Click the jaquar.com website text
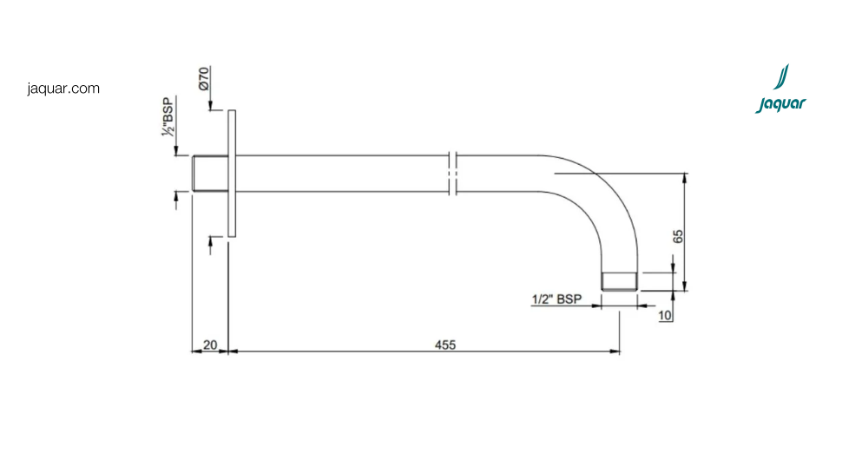coord(63,89)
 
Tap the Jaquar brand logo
coord(780,89)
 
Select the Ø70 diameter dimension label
coord(203,79)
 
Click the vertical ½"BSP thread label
coord(168,116)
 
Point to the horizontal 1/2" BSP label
coord(556,299)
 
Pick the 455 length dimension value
coord(445,345)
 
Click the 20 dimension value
coord(210,345)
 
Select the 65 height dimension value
coord(678,236)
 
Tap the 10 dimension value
coord(665,315)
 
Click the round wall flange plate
coord(232,174)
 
